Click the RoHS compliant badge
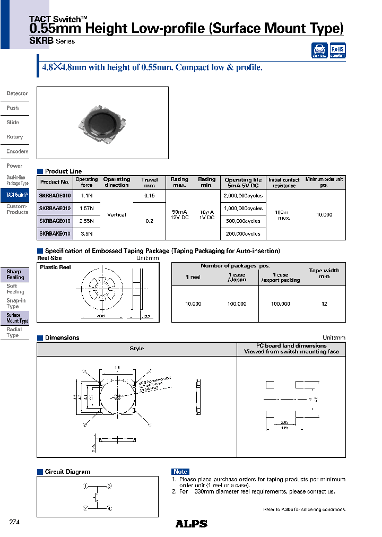tap(338, 50)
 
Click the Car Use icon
tap(319, 50)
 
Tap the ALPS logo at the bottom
tap(191, 524)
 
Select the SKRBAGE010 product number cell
tap(55, 195)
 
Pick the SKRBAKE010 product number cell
tap(55, 233)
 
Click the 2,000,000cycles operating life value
tap(244, 195)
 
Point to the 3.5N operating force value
tap(86, 233)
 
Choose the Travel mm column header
tap(150, 183)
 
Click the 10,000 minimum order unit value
tap(324, 214)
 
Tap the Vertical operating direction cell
tap(117, 214)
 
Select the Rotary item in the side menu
tap(15, 137)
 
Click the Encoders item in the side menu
tap(17, 151)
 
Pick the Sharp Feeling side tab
tap(15, 274)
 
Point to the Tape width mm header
tap(324, 273)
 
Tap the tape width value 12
tap(324, 304)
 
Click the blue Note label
tap(180, 472)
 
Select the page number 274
tap(14, 522)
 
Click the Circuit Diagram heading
tap(67, 472)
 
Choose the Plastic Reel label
tap(55, 267)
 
